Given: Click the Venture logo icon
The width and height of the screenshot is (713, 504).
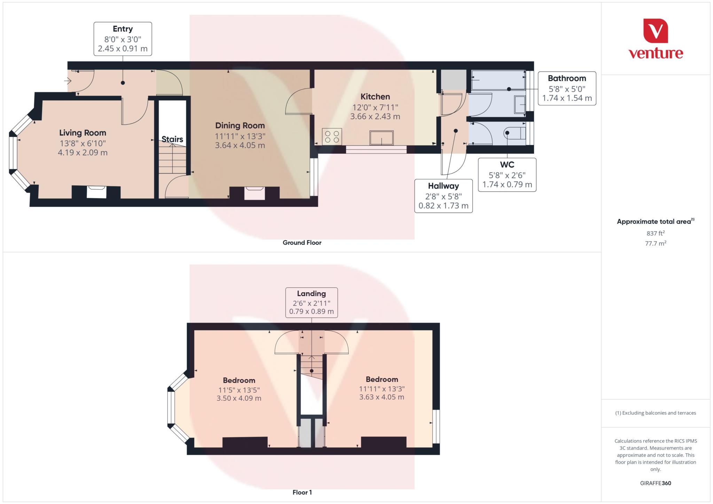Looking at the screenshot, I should [x=655, y=31].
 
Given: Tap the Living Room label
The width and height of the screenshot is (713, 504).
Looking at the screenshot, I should [x=83, y=133].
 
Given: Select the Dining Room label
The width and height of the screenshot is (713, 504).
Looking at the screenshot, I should [x=240, y=126].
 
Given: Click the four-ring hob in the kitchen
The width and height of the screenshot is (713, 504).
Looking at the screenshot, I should [x=332, y=136].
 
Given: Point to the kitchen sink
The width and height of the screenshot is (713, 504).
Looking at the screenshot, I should [x=382, y=138].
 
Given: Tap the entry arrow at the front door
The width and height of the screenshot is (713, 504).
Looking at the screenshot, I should [x=68, y=81].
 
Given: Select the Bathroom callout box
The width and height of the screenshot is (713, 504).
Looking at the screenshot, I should [x=567, y=88].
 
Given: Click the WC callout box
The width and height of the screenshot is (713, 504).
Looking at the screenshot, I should [x=507, y=175].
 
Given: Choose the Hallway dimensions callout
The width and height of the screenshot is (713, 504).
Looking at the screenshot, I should [x=443, y=196].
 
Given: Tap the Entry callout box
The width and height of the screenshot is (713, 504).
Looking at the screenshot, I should [x=123, y=39].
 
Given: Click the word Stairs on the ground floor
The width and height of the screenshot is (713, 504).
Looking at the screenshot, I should [x=172, y=139].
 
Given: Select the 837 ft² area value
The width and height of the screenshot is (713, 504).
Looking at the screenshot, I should [x=655, y=233].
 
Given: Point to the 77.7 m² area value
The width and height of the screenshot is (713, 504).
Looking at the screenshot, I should [x=655, y=243].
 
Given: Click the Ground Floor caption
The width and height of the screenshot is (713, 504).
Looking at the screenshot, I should [x=302, y=242].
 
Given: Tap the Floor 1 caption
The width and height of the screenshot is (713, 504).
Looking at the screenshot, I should [x=302, y=492].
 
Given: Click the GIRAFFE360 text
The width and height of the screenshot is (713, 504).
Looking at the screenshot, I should [x=655, y=483].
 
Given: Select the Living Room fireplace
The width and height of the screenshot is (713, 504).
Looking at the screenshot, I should [x=96, y=192].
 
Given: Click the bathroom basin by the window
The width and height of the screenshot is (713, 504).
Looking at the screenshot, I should [x=520, y=104].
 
